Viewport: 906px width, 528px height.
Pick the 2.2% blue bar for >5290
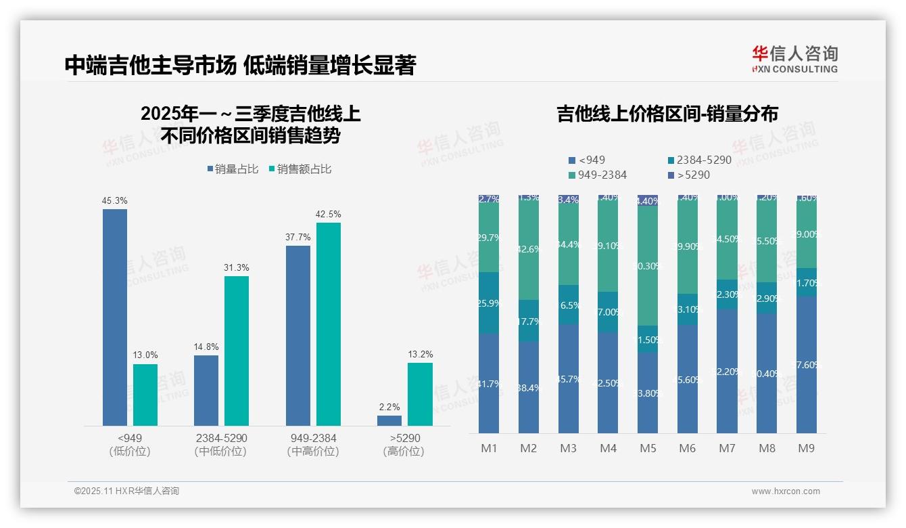click(389, 420)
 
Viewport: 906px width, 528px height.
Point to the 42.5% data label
click(328, 215)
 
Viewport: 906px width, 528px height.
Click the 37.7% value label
click(298, 237)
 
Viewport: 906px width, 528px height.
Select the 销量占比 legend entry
click(233, 169)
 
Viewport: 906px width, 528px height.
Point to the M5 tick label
click(647, 448)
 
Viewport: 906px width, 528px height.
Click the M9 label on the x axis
click(806, 448)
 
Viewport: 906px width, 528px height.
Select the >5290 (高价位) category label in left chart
click(404, 445)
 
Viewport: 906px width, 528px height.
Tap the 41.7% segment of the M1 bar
click(488, 383)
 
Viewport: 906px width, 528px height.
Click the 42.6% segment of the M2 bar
click(529, 249)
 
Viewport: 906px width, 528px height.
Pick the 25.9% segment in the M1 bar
click(488, 303)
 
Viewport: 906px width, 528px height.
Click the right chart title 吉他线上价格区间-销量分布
click(667, 114)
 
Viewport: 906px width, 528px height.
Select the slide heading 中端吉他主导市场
click(150, 66)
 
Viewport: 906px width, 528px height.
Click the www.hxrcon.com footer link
click(786, 491)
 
